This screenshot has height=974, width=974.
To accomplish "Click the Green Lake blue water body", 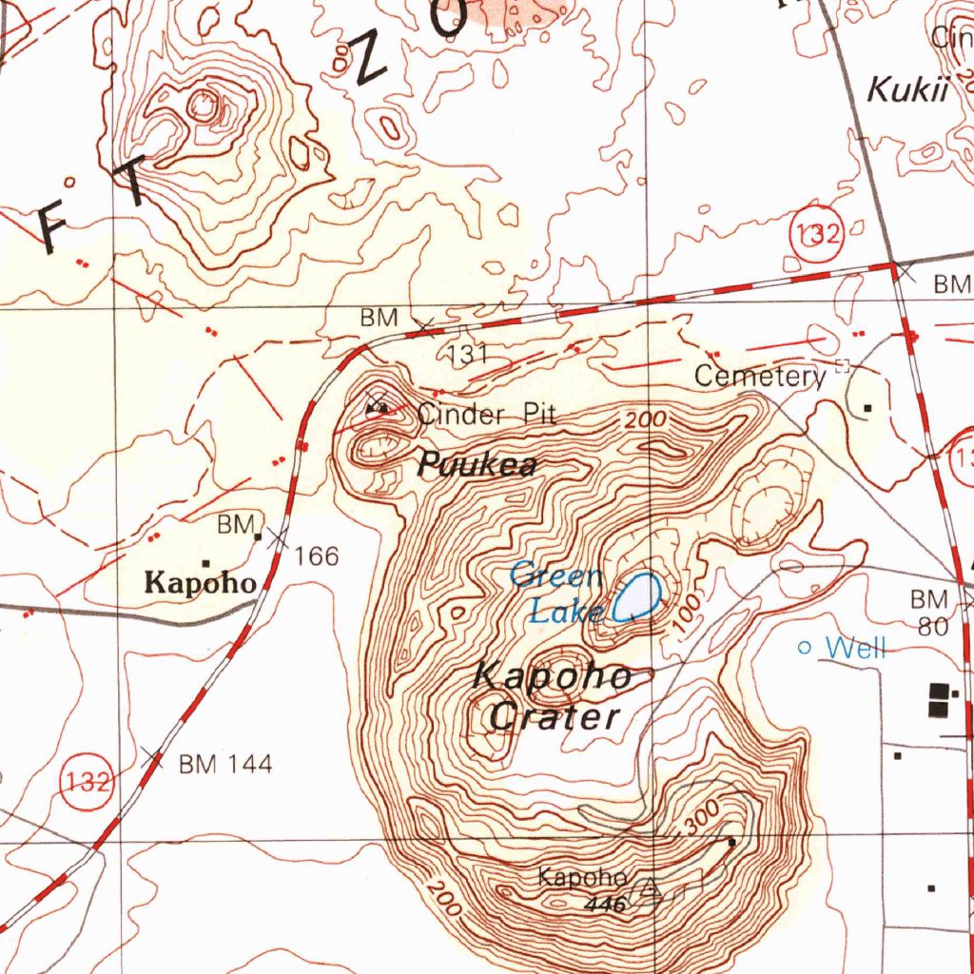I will pyautogui.click(x=637, y=597).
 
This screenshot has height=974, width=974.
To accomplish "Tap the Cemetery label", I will pyautogui.click(x=759, y=376).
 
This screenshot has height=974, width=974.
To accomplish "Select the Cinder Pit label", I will pyautogui.click(x=486, y=414).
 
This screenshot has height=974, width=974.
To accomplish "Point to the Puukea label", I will pyautogui.click(x=478, y=465).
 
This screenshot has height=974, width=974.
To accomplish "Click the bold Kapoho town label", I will pyautogui.click(x=200, y=583).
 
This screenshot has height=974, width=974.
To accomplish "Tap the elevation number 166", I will pyautogui.click(x=317, y=555).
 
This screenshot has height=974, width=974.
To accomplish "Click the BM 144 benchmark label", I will pyautogui.click(x=225, y=763).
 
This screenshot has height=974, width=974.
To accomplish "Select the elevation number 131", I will pyautogui.click(x=468, y=355).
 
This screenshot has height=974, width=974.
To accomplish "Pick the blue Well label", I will pyautogui.click(x=856, y=649).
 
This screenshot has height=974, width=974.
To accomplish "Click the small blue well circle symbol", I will pyautogui.click(x=805, y=648).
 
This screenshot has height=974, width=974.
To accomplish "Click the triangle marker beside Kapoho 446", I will pyautogui.click(x=650, y=889).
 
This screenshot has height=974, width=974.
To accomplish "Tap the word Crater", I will pyautogui.click(x=555, y=717).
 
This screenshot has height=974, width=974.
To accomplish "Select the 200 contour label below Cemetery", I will pyautogui.click(x=646, y=419).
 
